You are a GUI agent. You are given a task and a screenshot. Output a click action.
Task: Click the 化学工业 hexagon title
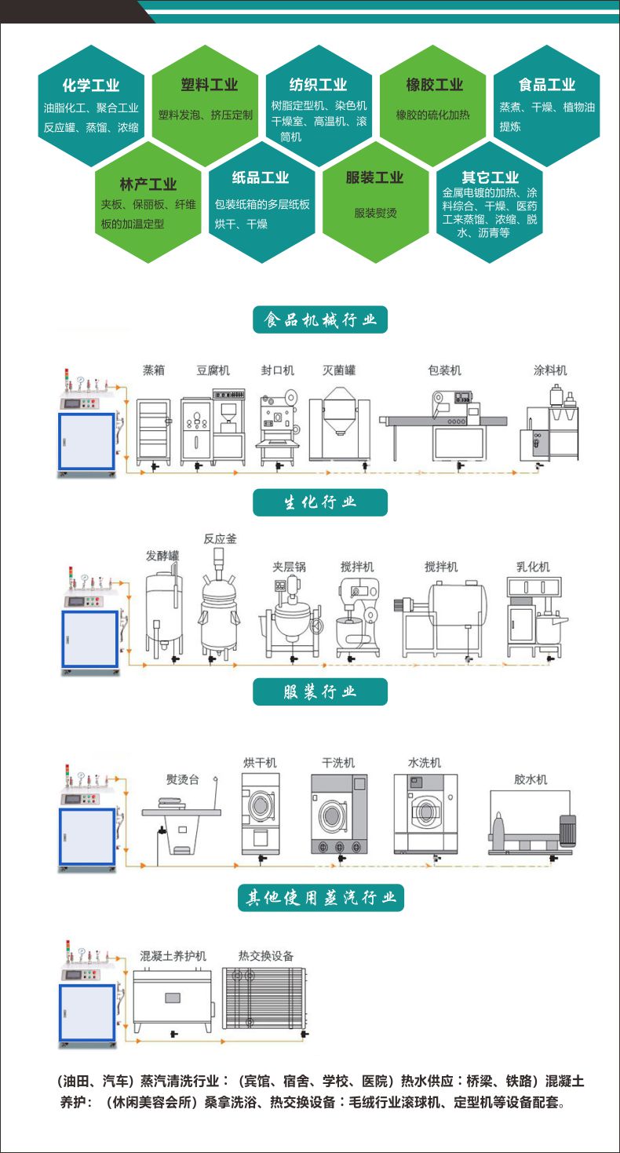(x=91, y=86)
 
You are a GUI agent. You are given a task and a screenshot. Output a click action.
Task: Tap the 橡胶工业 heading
(x=434, y=85)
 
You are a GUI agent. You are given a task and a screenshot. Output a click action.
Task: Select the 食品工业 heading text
(x=547, y=85)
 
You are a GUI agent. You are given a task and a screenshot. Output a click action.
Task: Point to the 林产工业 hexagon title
(x=148, y=184)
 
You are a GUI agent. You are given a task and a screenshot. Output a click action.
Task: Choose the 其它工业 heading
(x=491, y=177)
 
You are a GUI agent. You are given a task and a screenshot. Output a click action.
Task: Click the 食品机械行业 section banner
(x=320, y=320)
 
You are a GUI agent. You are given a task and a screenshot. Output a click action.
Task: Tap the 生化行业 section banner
(x=320, y=502)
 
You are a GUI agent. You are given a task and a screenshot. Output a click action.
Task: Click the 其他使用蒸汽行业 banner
(x=320, y=897)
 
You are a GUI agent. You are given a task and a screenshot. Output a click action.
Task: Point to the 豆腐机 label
(x=213, y=370)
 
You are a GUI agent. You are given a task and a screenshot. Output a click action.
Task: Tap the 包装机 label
(x=444, y=370)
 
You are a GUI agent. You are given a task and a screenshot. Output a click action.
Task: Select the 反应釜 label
(x=220, y=539)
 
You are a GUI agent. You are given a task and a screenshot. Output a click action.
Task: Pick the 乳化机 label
(x=533, y=566)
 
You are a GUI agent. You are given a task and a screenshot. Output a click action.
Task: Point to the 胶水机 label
(x=531, y=779)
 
